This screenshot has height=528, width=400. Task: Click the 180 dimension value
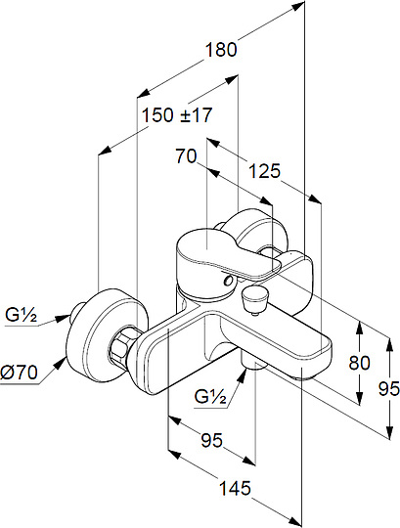coord(221,50)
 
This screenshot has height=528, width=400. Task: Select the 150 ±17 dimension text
coord(177,114)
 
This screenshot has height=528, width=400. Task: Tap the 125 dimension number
coord(264,171)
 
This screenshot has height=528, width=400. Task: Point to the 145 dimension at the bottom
coord(236,488)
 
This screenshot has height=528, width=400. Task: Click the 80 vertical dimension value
coord(359,363)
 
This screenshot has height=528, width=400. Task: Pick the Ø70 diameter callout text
coord(19,373)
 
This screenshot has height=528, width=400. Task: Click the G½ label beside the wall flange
coord(21,316)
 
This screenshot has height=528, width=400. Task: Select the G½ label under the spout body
coord(210,397)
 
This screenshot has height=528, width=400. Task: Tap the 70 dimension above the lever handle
coord(186,156)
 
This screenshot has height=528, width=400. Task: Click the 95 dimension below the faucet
coord(212,440)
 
